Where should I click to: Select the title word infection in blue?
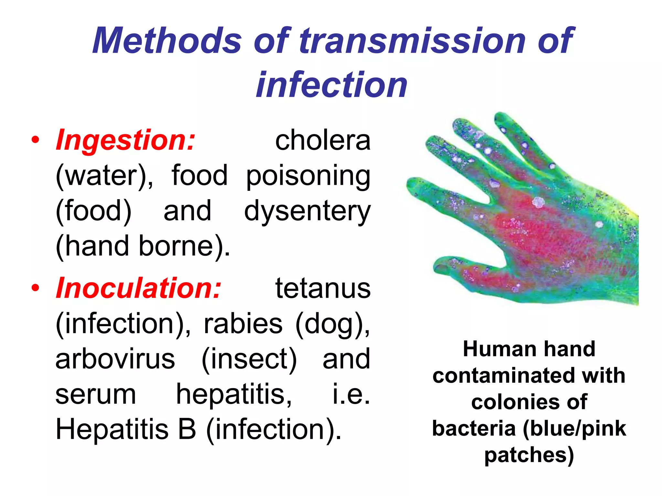point(331,85)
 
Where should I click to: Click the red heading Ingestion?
point(126,140)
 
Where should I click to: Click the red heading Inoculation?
point(139,288)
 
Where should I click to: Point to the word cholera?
point(323,141)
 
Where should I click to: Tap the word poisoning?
point(308,176)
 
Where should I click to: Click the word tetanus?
point(323,289)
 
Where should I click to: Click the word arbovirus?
point(115,359)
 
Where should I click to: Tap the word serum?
point(96,395)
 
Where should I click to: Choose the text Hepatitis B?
point(126,429)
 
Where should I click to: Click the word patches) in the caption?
point(529,455)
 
